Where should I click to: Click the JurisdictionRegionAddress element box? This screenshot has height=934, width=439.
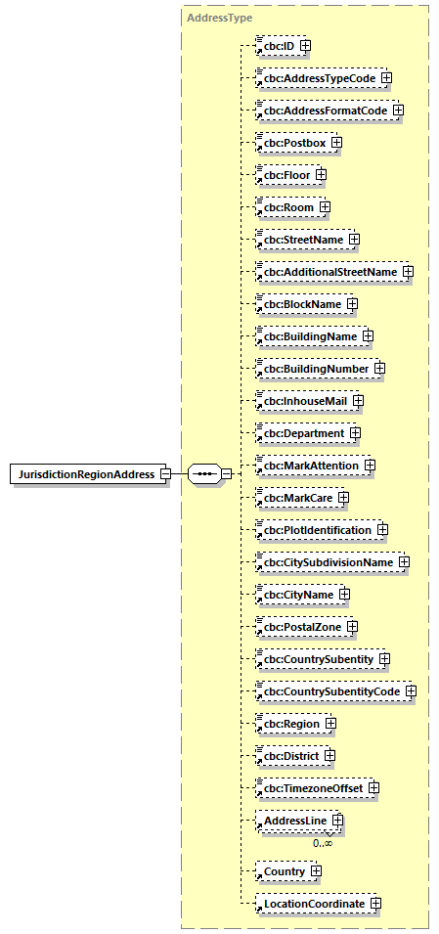click(x=85, y=474)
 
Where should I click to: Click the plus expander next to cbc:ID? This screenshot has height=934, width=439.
click(x=306, y=45)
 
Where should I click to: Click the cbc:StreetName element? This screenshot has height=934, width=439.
click(x=300, y=239)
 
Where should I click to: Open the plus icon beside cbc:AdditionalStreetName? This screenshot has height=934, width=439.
click(x=408, y=271)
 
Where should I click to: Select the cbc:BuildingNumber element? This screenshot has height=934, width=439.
click(x=313, y=368)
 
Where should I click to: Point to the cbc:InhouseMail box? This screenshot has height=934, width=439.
click(x=302, y=400)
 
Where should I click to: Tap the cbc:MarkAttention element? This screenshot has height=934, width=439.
click(x=308, y=465)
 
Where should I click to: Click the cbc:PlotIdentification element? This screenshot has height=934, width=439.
click(x=315, y=530)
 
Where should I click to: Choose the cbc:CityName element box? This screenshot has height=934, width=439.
click(x=295, y=595)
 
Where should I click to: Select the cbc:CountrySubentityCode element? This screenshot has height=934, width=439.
click(x=329, y=691)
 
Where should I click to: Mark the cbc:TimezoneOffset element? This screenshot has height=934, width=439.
click(x=310, y=788)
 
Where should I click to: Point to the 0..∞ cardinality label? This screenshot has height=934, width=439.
click(x=323, y=842)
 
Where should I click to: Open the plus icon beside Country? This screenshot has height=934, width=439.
click(x=317, y=870)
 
